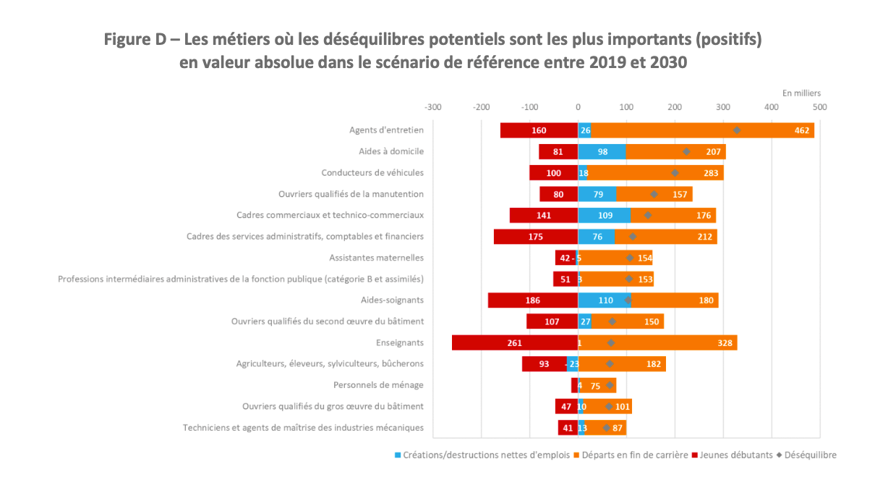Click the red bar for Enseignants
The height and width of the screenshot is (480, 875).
click(x=514, y=342)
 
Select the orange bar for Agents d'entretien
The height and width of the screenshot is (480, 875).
click(x=702, y=130)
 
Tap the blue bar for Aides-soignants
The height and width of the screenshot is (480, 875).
click(x=604, y=300)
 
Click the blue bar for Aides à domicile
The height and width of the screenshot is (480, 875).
click(x=601, y=151)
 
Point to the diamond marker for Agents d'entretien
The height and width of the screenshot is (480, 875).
click(x=737, y=130)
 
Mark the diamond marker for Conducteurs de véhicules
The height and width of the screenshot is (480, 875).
click(x=675, y=173)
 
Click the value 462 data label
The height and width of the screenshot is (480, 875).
click(x=801, y=130)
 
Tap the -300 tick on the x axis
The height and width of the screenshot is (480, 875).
click(x=433, y=107)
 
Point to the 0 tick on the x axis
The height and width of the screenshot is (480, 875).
click(x=578, y=107)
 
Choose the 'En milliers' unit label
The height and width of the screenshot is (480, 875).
click(x=801, y=93)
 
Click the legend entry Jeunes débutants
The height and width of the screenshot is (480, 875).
click(x=731, y=455)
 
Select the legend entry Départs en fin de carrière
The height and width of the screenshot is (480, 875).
click(x=631, y=455)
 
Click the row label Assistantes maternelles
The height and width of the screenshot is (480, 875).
click(x=376, y=258)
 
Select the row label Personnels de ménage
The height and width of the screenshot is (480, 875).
click(x=378, y=385)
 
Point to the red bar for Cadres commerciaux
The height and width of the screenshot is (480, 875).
click(x=543, y=215)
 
